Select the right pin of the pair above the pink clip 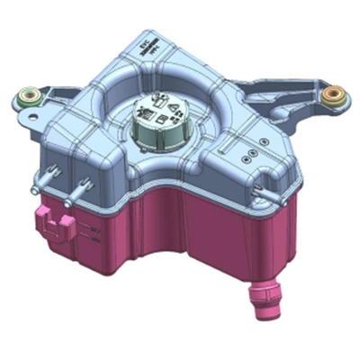pos(82,188)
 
